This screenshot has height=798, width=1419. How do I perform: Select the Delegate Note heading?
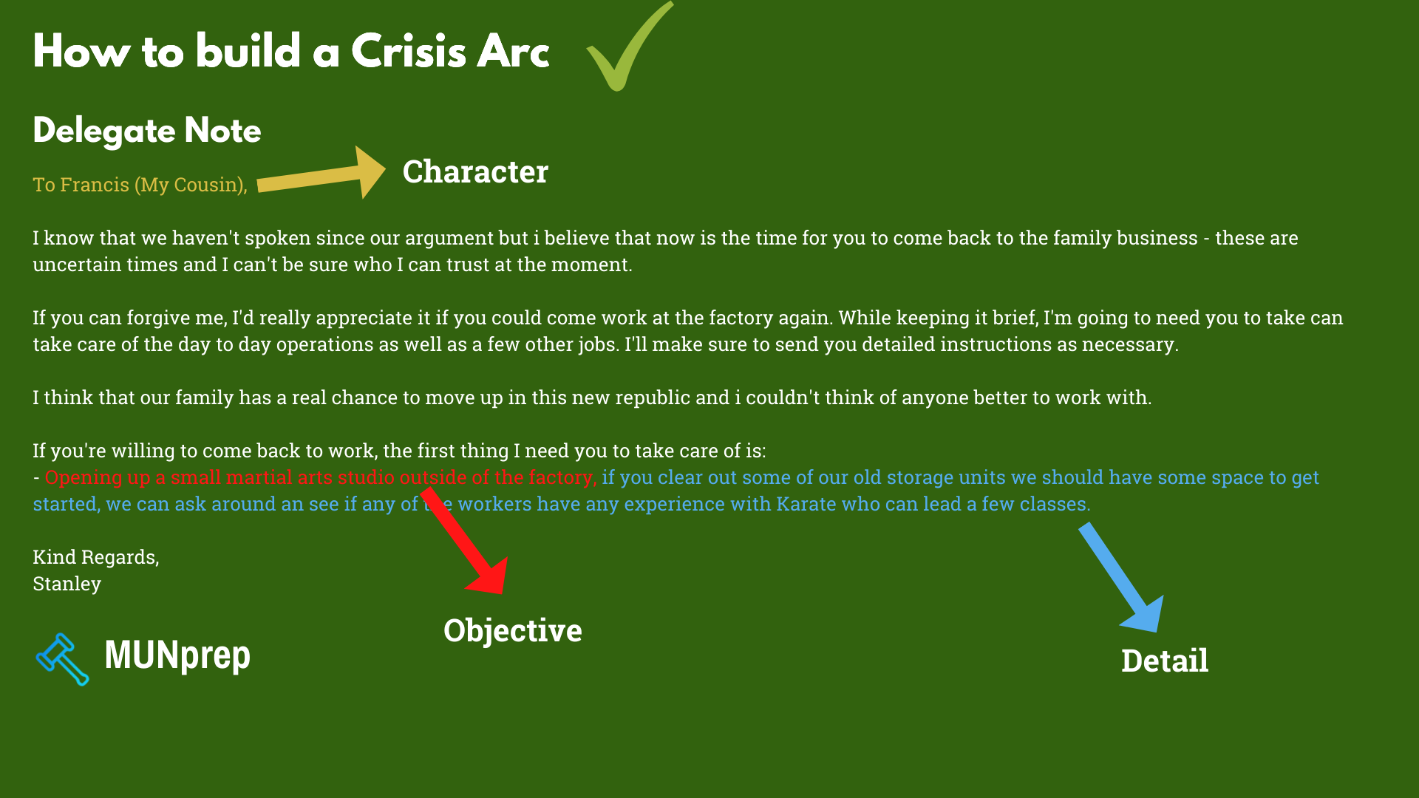147,131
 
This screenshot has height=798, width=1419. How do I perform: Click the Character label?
475,172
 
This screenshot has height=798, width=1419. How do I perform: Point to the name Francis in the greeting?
95,185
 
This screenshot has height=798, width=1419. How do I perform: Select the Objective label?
512,631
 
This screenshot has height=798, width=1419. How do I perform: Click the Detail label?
1165,661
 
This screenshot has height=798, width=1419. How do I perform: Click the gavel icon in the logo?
63,659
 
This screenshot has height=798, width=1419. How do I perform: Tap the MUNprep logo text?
177,655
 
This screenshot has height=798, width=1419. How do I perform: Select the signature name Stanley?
67,584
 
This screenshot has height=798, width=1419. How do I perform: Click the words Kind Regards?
95,557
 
